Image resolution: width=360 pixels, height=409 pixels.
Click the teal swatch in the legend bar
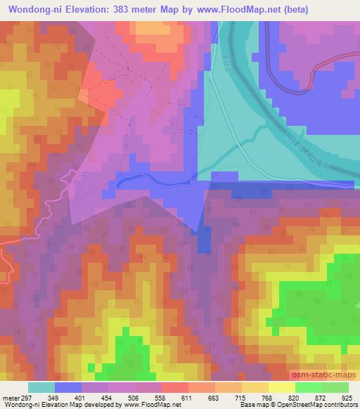[41, 387]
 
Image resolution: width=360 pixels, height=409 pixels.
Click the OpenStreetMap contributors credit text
[323, 405]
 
